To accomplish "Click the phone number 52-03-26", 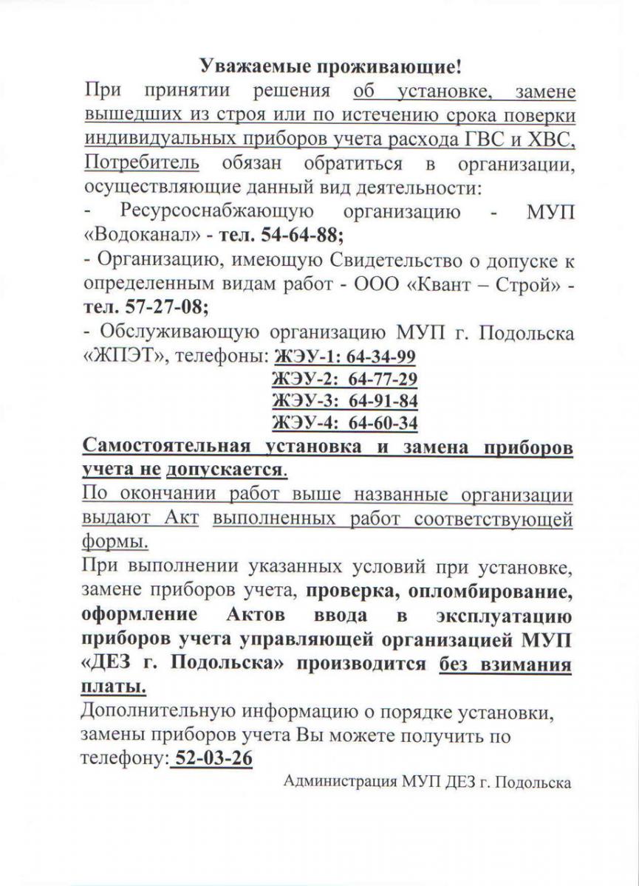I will pos(212,758).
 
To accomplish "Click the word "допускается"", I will pos(225,470).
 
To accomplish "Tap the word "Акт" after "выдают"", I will pos(185,518).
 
